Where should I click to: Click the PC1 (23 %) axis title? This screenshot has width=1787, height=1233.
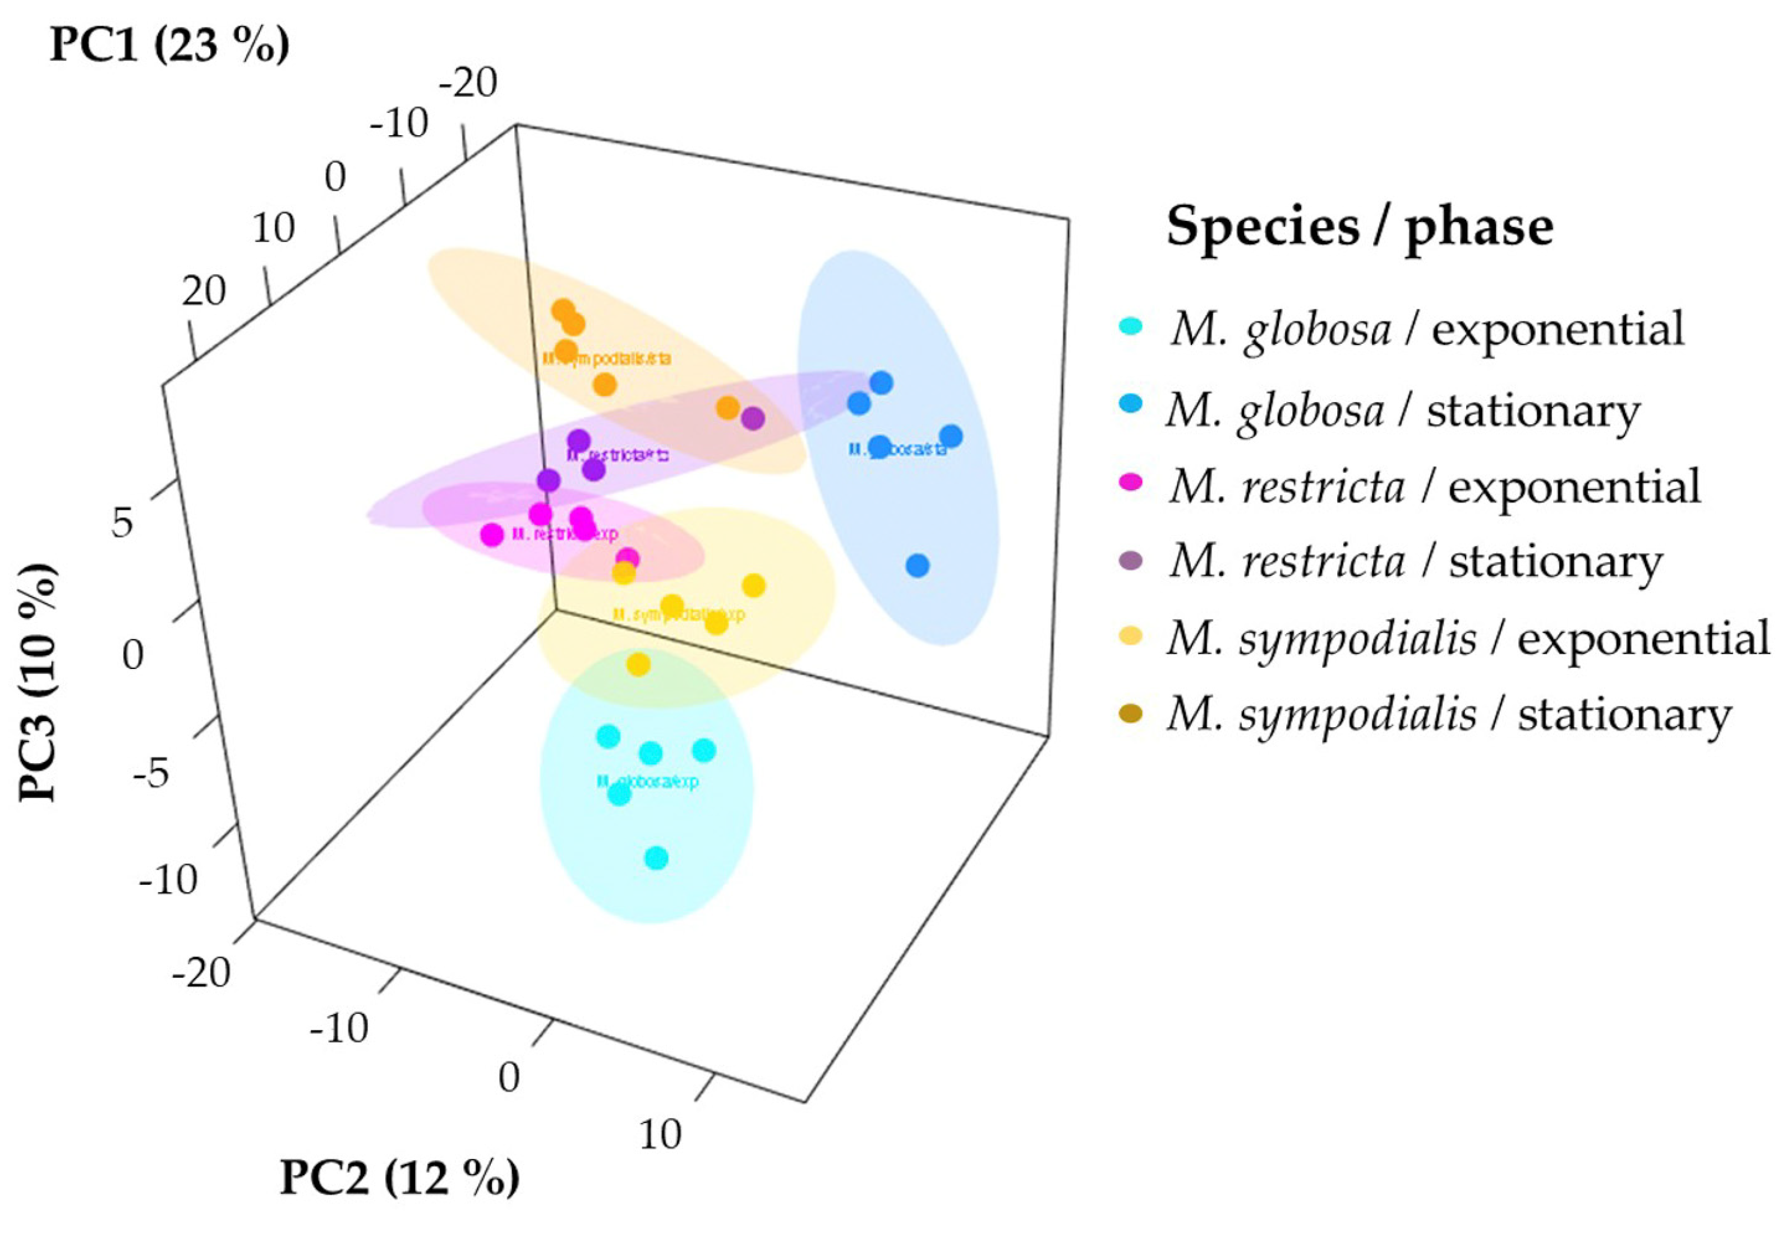tap(169, 45)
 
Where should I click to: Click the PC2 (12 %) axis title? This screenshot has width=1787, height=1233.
tap(399, 1178)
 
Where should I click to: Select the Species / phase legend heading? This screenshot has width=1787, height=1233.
tap(1359, 227)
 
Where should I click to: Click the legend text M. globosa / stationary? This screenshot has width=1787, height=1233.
tap(1402, 409)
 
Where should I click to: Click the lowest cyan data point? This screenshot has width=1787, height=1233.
tap(656, 857)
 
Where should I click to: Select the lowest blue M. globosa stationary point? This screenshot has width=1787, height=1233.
tap(917, 566)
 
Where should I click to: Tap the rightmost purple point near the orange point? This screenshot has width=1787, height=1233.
tap(753, 419)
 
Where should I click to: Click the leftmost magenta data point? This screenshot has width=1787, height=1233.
tap(492, 534)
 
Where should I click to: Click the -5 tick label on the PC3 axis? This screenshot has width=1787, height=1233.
tap(150, 773)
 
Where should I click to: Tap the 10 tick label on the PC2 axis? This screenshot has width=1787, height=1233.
tap(661, 1134)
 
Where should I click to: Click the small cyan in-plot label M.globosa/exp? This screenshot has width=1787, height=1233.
tap(647, 781)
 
